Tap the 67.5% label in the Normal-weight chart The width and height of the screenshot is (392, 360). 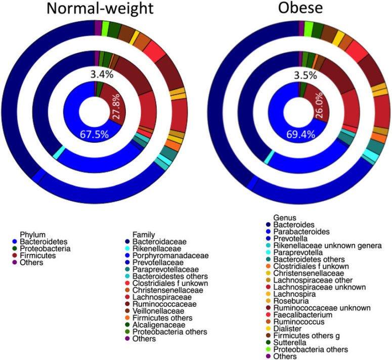(95, 135)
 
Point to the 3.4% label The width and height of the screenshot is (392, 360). (102, 74)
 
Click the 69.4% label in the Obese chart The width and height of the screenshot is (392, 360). (299, 135)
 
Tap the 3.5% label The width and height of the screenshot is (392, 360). (306, 75)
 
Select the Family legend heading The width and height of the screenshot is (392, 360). (144, 234)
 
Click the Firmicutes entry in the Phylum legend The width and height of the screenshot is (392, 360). (37, 256)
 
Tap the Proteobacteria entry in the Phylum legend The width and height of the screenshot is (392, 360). (45, 249)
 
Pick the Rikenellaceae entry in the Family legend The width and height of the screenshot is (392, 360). (157, 249)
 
